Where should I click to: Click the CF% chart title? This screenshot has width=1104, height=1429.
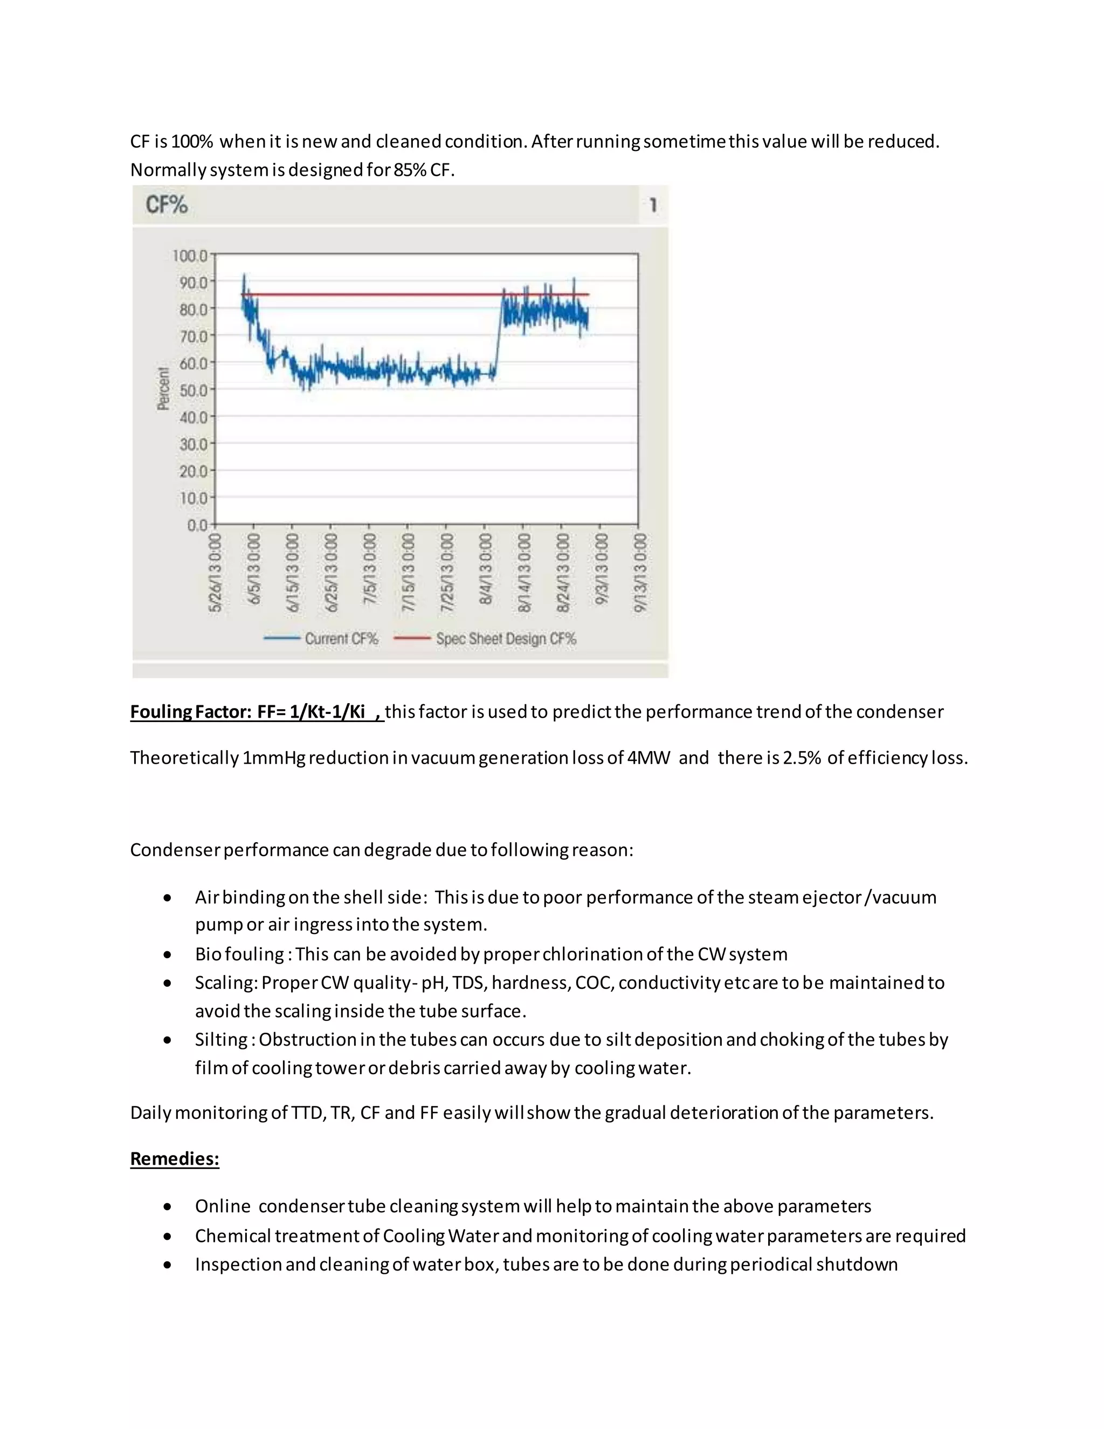click(x=166, y=205)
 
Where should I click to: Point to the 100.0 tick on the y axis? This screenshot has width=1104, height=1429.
click(x=190, y=255)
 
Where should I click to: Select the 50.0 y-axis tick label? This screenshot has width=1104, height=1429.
click(x=193, y=390)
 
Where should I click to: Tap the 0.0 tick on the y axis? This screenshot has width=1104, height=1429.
click(x=197, y=525)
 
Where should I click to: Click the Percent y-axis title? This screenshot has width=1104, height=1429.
click(x=163, y=389)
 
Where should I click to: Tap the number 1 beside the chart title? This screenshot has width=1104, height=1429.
click(x=653, y=205)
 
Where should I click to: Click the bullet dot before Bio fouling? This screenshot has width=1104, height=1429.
click(x=168, y=954)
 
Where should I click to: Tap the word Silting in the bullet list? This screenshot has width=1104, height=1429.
click(x=220, y=1040)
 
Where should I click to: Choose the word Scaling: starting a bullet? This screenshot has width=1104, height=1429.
click(x=226, y=983)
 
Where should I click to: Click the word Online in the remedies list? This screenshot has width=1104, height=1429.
click(x=223, y=1206)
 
